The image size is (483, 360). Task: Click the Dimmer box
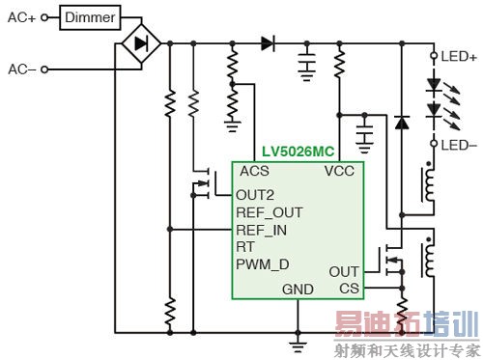(92, 16)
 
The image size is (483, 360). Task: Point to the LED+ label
(457, 57)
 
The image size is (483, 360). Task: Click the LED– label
(457, 145)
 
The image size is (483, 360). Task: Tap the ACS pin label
(255, 172)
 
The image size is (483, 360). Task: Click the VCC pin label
(341, 172)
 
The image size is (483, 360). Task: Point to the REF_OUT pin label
(270, 211)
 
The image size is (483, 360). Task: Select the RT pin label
(245, 246)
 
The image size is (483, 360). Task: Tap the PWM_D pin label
(262, 263)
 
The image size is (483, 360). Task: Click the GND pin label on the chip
(298, 289)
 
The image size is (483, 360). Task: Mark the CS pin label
(349, 289)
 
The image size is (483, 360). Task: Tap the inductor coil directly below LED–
(427, 183)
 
